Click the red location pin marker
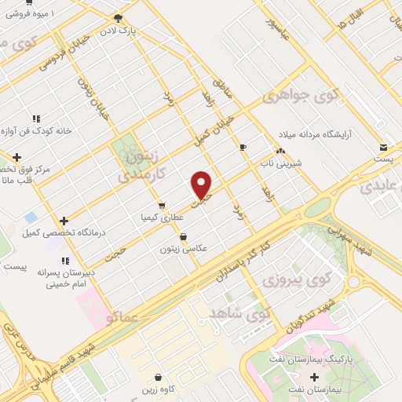pos(202,185)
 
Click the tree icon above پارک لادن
pos(118,18)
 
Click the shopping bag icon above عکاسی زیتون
pos(183,236)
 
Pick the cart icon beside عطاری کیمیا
pos(162,206)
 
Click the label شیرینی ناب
pos(280,164)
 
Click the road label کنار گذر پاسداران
pos(238,265)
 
